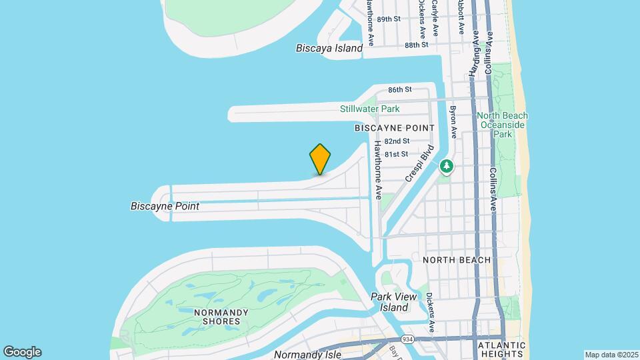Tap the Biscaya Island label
(x=329, y=48)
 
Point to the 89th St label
(x=389, y=19)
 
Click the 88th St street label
(x=416, y=45)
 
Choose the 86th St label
(x=400, y=89)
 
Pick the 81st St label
(x=396, y=154)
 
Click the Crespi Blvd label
(x=419, y=164)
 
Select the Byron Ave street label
(x=453, y=121)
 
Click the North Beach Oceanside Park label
(x=501, y=125)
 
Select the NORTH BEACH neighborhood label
(x=457, y=259)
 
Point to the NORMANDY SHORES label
(x=221, y=317)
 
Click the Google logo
(x=22, y=352)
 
